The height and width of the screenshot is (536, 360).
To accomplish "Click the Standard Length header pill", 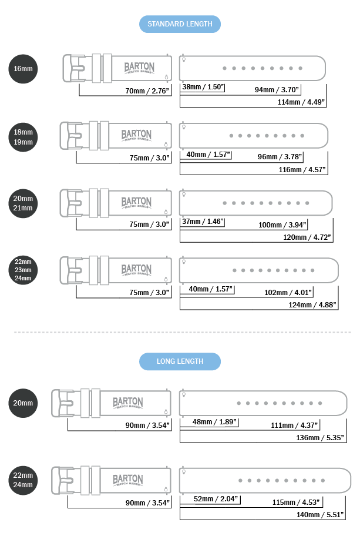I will pyautogui.click(x=180, y=24).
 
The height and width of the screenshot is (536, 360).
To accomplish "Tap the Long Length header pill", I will pyautogui.click(x=180, y=361).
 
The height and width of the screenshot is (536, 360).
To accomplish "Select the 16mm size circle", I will pyautogui.click(x=23, y=69).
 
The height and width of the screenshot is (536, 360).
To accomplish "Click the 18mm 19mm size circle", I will pyautogui.click(x=23, y=137).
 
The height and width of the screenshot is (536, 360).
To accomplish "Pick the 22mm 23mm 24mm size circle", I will pyautogui.click(x=23, y=270).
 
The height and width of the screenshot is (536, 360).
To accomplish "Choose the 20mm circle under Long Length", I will pyautogui.click(x=23, y=403).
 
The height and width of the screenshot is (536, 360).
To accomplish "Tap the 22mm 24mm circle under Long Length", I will pyautogui.click(x=23, y=480).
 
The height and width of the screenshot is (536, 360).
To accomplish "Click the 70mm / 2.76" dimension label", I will pyautogui.click(x=147, y=91).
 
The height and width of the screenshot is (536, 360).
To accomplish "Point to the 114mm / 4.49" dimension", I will pyautogui.click(x=301, y=102).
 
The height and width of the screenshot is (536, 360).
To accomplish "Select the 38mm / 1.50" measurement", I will pyautogui.click(x=203, y=87).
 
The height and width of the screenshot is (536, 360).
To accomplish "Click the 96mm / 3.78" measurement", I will pyautogui.click(x=280, y=156).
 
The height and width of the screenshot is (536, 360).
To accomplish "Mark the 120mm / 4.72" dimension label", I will pyautogui.click(x=308, y=237).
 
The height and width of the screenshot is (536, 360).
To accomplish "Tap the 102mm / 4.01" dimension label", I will pyautogui.click(x=288, y=292).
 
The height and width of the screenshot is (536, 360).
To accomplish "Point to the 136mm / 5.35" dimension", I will pyautogui.click(x=321, y=437).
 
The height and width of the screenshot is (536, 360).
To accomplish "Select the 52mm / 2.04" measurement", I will pyautogui.click(x=217, y=499).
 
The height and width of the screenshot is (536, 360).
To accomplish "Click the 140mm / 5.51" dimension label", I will pyautogui.click(x=321, y=514).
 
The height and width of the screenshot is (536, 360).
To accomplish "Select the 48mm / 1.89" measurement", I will pyautogui.click(x=215, y=421).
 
